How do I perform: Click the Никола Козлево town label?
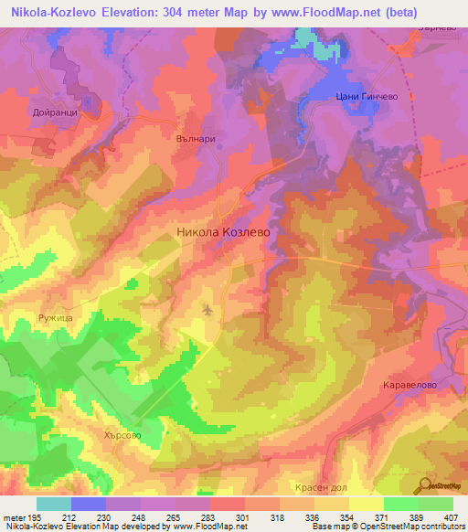[223, 233]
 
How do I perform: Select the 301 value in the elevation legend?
[243, 517]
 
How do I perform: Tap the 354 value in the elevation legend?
[347, 517]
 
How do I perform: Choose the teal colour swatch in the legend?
[54, 504]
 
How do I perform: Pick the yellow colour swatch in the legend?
[366, 504]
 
